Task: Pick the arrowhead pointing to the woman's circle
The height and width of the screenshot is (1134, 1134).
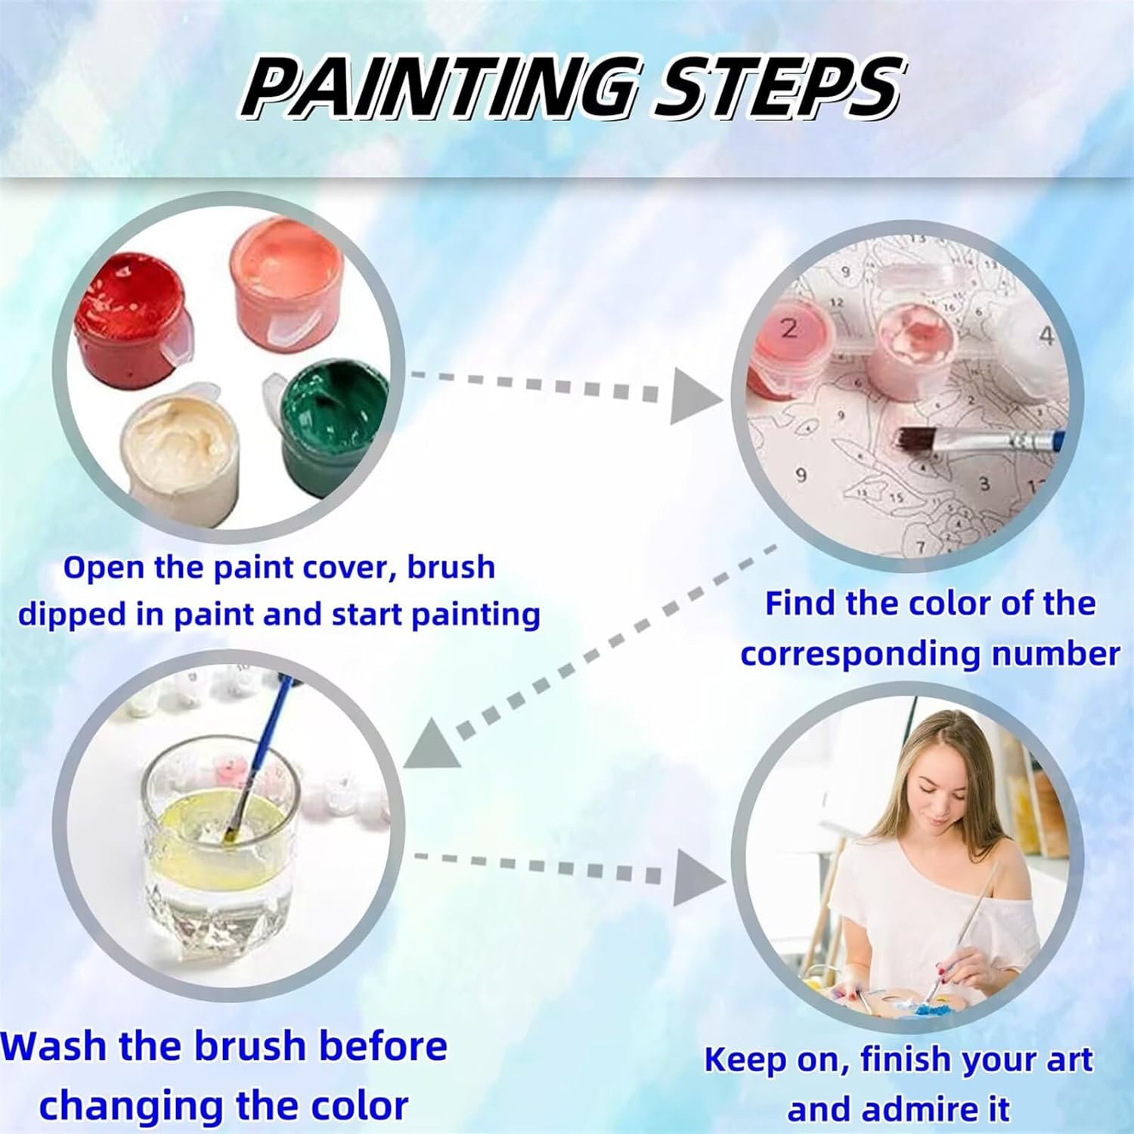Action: tap(700, 875)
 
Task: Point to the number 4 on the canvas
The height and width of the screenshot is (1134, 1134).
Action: tap(1046, 336)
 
